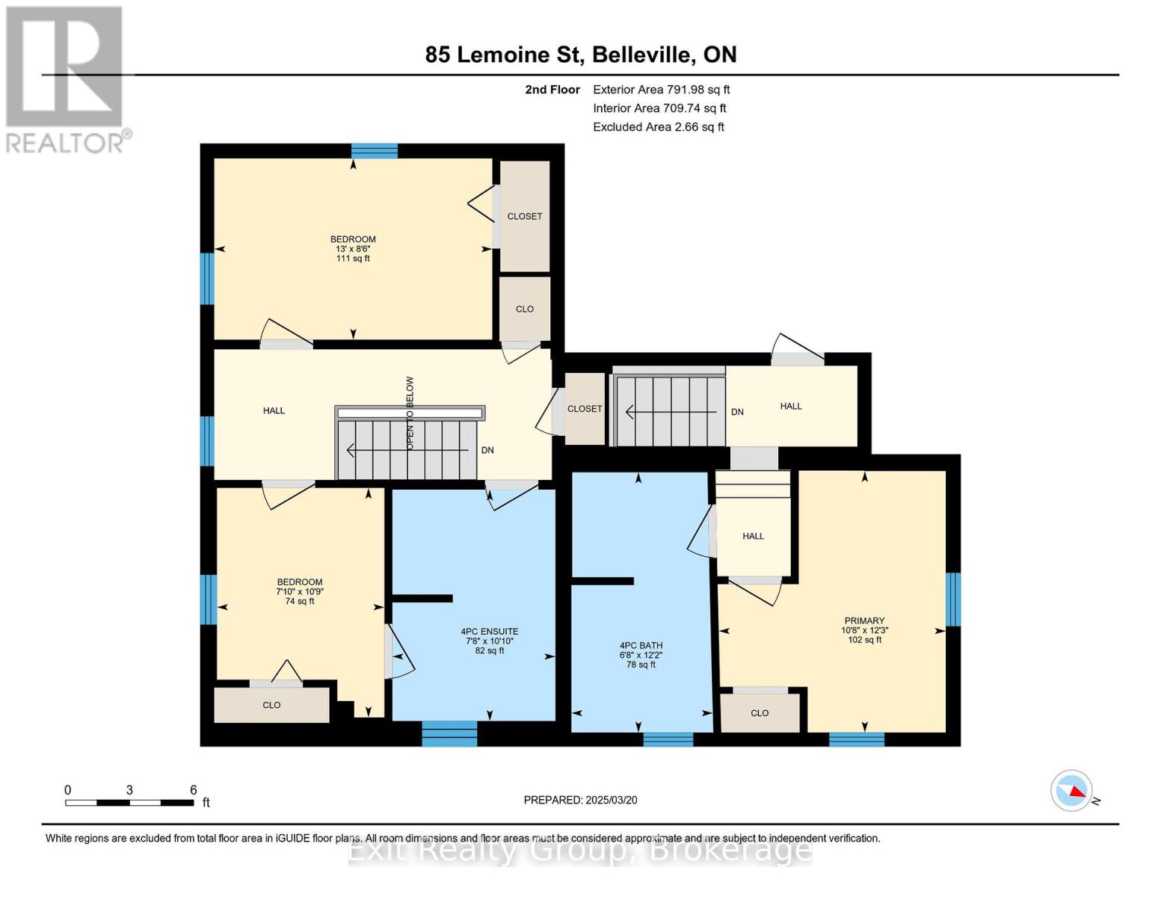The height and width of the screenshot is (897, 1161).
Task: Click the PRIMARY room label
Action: tap(864, 620)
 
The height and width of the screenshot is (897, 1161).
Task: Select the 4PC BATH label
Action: tap(641, 645)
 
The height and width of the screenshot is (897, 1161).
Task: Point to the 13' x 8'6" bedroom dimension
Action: tap(353, 249)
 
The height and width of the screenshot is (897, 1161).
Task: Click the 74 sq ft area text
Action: tap(300, 601)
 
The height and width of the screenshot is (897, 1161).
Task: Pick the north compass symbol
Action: tap(1072, 790)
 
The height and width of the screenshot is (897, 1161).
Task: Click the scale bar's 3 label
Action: tap(129, 790)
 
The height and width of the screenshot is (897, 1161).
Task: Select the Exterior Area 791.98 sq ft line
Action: tap(661, 90)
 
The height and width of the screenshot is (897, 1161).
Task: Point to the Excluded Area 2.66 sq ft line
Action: tap(658, 127)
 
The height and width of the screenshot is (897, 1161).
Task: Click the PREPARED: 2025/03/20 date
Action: tap(580, 800)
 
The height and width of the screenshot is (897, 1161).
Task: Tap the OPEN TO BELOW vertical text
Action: tap(410, 413)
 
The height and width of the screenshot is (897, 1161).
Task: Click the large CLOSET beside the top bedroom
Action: tap(525, 216)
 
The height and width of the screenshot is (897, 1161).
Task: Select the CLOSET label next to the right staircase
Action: tap(585, 409)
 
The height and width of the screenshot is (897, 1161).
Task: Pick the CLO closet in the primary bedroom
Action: tap(760, 713)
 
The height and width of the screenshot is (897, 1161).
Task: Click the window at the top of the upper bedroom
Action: tap(374, 151)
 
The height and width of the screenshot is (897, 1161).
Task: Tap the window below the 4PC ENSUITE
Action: tap(449, 733)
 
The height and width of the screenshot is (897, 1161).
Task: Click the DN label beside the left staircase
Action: tap(487, 451)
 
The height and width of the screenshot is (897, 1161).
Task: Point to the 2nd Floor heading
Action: tap(552, 90)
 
